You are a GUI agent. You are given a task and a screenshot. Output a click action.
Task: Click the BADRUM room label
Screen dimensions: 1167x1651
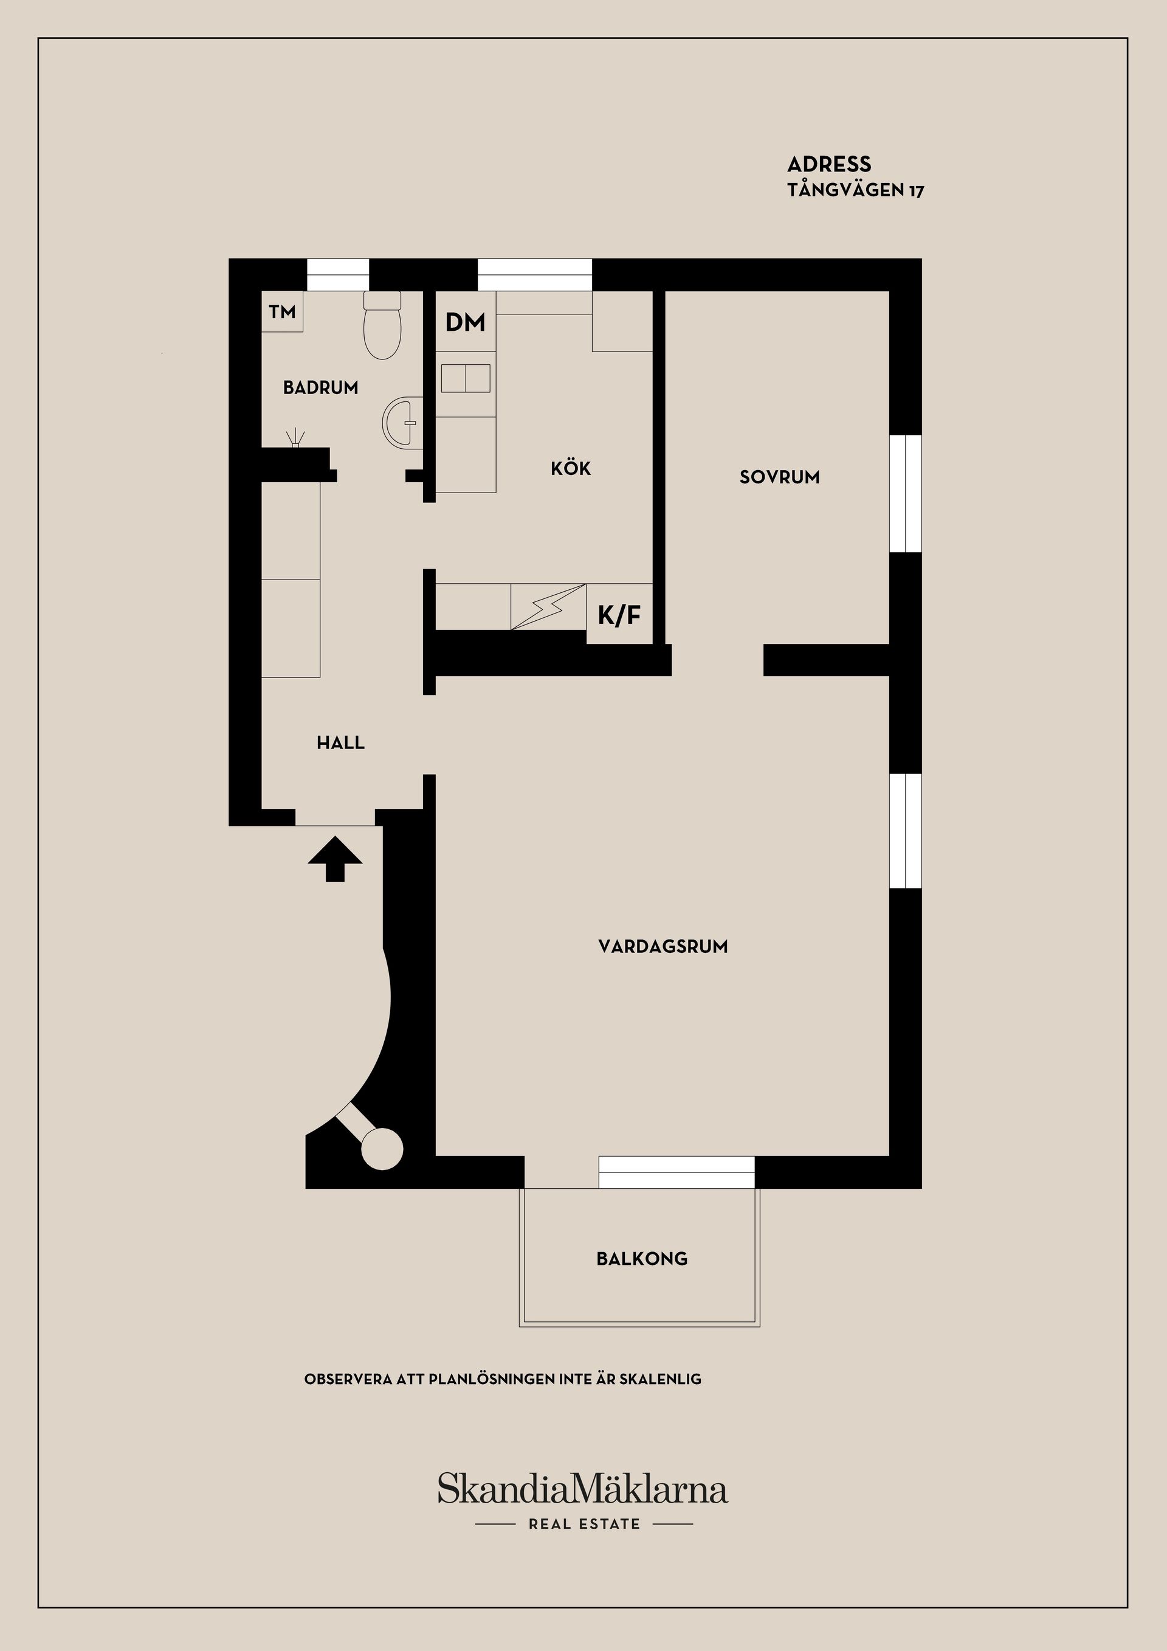pyautogui.click(x=320, y=387)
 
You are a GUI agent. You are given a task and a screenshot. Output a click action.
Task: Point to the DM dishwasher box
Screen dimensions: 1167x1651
pyautogui.click(x=466, y=322)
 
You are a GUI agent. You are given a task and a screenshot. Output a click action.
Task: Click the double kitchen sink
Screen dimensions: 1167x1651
pyautogui.click(x=466, y=378)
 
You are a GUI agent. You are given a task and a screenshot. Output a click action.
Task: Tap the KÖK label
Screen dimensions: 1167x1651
pyautogui.click(x=571, y=469)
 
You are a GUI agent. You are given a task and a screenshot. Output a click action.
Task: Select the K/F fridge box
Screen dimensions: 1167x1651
pyautogui.click(x=619, y=615)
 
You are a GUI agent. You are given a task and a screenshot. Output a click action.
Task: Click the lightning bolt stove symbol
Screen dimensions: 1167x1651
pyautogui.click(x=548, y=607)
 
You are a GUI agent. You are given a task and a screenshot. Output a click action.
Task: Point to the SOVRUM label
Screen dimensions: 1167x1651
pyautogui.click(x=780, y=477)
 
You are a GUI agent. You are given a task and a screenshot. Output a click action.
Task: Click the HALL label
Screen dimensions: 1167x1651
pyautogui.click(x=340, y=743)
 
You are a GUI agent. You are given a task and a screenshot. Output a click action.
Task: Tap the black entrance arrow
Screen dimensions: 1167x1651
pyautogui.click(x=335, y=859)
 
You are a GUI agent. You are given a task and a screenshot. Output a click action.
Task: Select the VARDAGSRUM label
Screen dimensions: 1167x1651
pyautogui.click(x=663, y=946)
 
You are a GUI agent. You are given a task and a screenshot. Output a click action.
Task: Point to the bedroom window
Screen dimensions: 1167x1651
pyautogui.click(x=906, y=493)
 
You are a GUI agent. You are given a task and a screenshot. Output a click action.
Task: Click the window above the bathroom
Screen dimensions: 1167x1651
pyautogui.click(x=338, y=275)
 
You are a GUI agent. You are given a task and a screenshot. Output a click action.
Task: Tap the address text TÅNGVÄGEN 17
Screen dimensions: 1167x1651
pyautogui.click(x=856, y=190)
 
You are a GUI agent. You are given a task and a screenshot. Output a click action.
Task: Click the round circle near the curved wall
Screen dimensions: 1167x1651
pyautogui.click(x=381, y=1148)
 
